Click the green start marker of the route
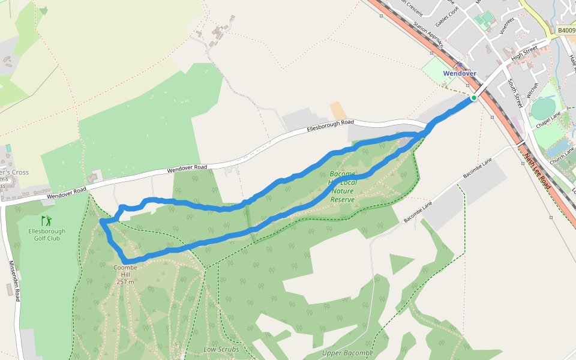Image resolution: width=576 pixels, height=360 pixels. coord(473,98)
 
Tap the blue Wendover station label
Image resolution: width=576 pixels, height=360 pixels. coord(460,74)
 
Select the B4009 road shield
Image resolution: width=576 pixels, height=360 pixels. coord(566,30)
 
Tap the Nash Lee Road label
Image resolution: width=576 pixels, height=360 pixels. coord(538,171)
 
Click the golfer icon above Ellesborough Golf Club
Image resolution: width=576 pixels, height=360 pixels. coord(46,221)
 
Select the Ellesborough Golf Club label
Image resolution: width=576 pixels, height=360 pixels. coord(46,235)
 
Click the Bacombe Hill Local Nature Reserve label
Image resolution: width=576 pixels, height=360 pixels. coord(342,187)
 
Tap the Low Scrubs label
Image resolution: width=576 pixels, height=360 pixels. coord(221,349)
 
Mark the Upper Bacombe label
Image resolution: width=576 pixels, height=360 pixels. coord(347,353)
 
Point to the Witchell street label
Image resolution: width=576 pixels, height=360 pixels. coord(532,90)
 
